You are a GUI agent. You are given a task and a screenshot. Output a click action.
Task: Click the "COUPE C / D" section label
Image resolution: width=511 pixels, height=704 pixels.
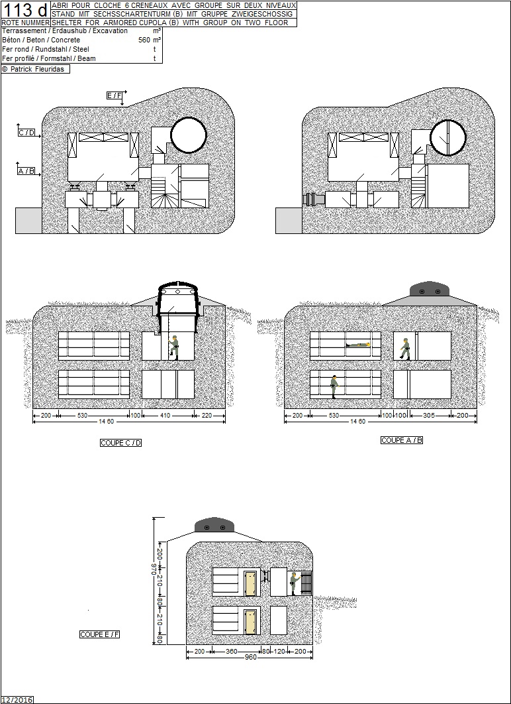121,443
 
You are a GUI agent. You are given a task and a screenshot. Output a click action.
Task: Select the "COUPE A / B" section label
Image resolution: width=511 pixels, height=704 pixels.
402,440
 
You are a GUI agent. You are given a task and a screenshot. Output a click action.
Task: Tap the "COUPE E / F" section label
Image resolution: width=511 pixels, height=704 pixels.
99,634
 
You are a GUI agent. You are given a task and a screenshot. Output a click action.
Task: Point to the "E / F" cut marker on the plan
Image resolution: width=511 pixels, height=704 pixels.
115,95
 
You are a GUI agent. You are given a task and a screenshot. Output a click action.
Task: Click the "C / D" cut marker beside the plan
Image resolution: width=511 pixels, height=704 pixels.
26,133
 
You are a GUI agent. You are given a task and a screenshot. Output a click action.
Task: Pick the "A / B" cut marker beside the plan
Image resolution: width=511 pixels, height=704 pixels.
26,170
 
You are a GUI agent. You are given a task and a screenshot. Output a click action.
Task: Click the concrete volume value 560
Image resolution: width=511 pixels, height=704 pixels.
144,40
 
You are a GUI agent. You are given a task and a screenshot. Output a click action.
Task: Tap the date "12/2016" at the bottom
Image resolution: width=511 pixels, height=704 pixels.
17,699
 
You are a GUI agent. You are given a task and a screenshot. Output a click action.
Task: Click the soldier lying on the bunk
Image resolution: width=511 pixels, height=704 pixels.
357,345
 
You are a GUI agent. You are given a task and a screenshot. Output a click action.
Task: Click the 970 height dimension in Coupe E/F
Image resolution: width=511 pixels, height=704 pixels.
154,569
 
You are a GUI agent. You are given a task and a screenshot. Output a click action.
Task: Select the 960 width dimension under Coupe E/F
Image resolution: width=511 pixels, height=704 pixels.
250,658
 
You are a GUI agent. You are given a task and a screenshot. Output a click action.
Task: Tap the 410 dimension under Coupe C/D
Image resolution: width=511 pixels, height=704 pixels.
165,416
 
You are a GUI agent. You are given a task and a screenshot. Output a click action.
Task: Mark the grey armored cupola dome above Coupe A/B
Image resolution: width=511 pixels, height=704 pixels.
430,289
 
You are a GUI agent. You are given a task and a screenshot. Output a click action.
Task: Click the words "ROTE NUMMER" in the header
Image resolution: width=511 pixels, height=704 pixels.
25,23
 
